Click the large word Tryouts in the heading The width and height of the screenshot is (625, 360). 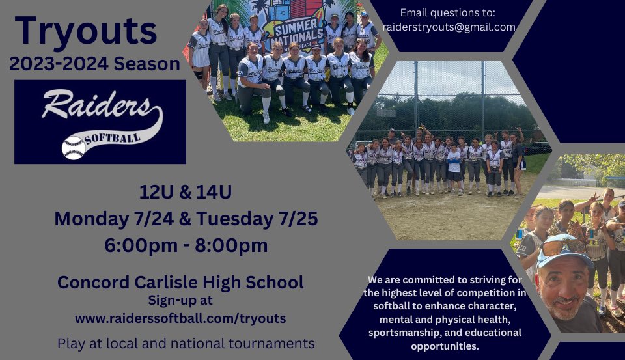[86, 31]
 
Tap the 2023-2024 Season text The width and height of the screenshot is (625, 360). [94, 64]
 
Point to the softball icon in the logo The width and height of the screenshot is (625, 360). [74, 148]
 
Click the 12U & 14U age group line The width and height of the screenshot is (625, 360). [186, 193]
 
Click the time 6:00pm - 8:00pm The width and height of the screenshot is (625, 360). [186, 245]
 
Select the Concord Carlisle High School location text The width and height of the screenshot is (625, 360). [180, 282]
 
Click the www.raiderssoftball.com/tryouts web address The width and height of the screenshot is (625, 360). [180, 319]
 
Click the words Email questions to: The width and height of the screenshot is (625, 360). [448, 12]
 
